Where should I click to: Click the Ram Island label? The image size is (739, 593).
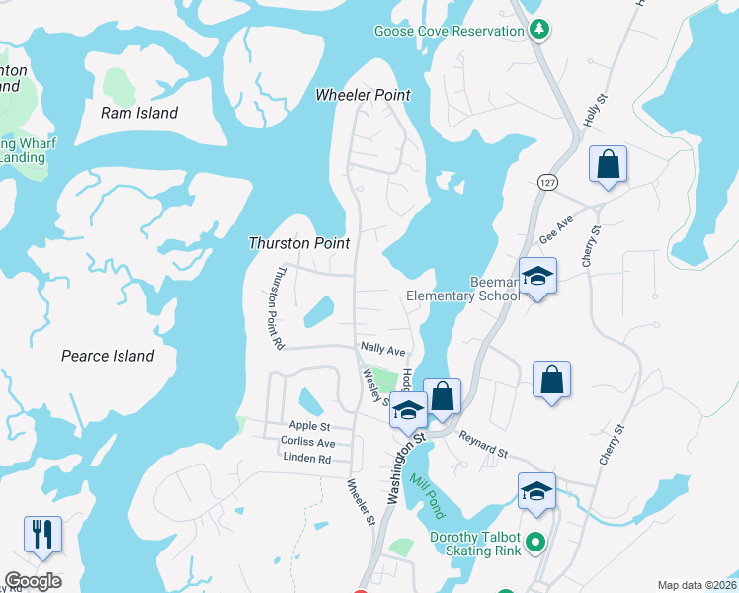coord(139,113)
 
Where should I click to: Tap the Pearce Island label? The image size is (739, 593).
coord(108,356)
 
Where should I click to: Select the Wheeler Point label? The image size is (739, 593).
coord(363,95)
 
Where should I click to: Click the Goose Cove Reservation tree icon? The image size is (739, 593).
coord(539,31)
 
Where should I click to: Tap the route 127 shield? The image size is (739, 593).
coord(548,183)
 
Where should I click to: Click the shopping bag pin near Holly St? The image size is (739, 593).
coord(608,164)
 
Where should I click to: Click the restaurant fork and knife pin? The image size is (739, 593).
coord(42,534)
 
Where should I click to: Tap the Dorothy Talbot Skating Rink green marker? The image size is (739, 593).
coord(535,542)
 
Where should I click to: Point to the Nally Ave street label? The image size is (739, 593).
coord(383,350)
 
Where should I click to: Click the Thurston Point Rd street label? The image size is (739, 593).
coord(272,307)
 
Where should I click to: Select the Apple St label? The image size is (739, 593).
coord(296,425)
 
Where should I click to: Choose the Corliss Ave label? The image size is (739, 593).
coord(307,442)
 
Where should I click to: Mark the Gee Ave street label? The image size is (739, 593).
coord(556,233)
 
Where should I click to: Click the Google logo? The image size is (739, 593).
coord(33,581)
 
